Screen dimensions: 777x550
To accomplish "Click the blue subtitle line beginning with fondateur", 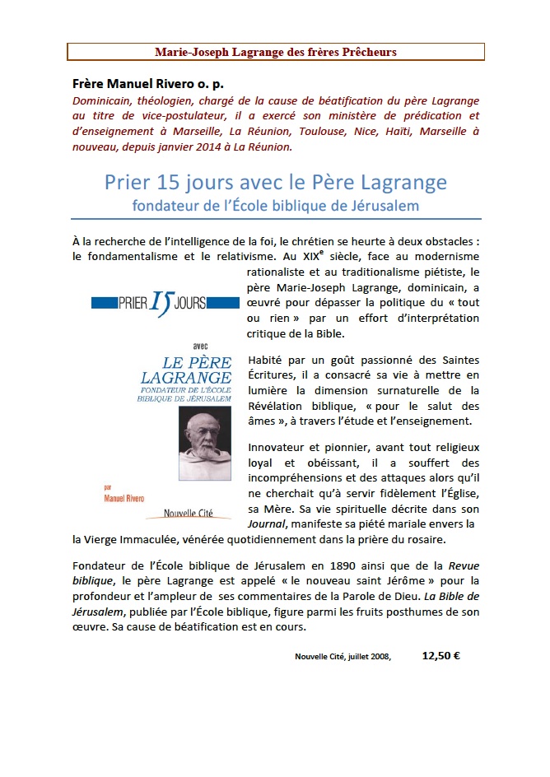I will coord(276,205).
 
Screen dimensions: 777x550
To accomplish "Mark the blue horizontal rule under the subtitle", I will coord(276,219).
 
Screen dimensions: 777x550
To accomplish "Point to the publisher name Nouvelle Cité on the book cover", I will coord(188,513).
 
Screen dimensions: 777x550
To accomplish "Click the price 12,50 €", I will coord(440,656).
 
